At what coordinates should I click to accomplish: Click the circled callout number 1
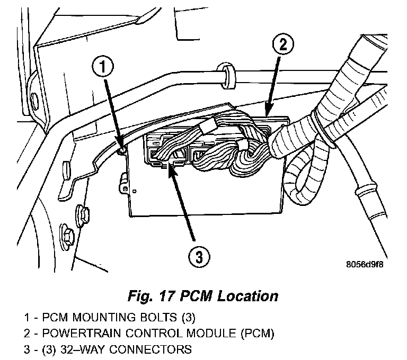104,67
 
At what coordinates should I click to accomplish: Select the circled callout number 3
198,257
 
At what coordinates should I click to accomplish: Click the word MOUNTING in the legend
101,319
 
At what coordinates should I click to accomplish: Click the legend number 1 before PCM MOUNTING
26,319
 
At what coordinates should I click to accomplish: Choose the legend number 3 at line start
26,349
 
